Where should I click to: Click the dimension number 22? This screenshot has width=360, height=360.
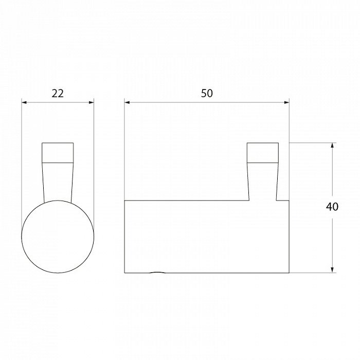[58, 94]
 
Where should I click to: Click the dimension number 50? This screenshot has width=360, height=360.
[207, 94]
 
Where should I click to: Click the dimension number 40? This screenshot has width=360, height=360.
[332, 207]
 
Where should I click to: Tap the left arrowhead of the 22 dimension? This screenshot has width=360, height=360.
[24, 102]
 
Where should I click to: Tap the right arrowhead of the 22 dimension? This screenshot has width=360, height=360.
[92, 102]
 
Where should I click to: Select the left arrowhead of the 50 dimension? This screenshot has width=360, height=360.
[127, 102]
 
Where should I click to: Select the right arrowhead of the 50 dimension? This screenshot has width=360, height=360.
[286, 102]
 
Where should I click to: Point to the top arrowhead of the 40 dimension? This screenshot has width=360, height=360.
[332, 146]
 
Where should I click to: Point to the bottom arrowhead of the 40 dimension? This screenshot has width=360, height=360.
[332, 270]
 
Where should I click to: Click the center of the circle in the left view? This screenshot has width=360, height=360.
[58, 237]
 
